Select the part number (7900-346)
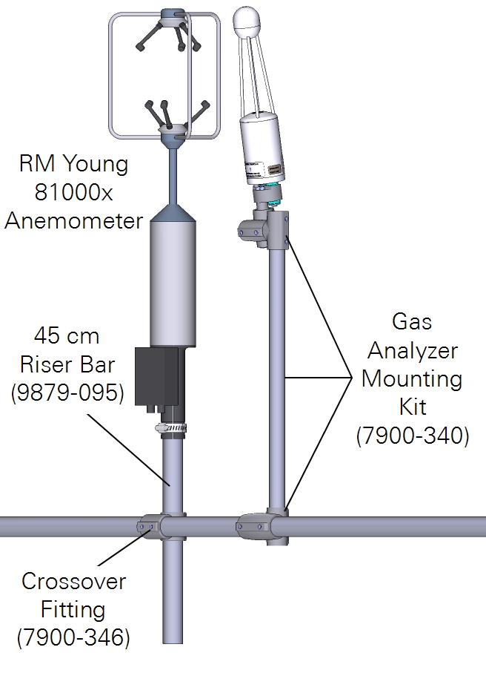73,637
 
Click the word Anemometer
73,220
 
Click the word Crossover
73,582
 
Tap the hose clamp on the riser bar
171,428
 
